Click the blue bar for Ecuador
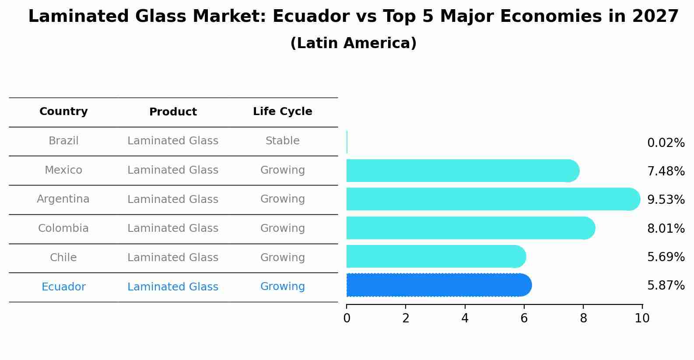coord(438,285)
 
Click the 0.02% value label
coord(666,143)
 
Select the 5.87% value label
coord(666,286)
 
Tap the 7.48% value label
coord(666,171)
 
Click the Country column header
coord(63,112)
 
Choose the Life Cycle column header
coord(282,112)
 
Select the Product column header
coord(173,112)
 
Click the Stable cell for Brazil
coord(282,141)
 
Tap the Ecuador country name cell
coord(63,287)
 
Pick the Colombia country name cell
coord(63,228)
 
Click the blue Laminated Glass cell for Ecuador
coord(173,287)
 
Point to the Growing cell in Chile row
coord(282,258)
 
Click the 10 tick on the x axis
coord(642,318)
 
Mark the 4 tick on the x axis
coord(465,318)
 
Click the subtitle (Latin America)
coord(353,43)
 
